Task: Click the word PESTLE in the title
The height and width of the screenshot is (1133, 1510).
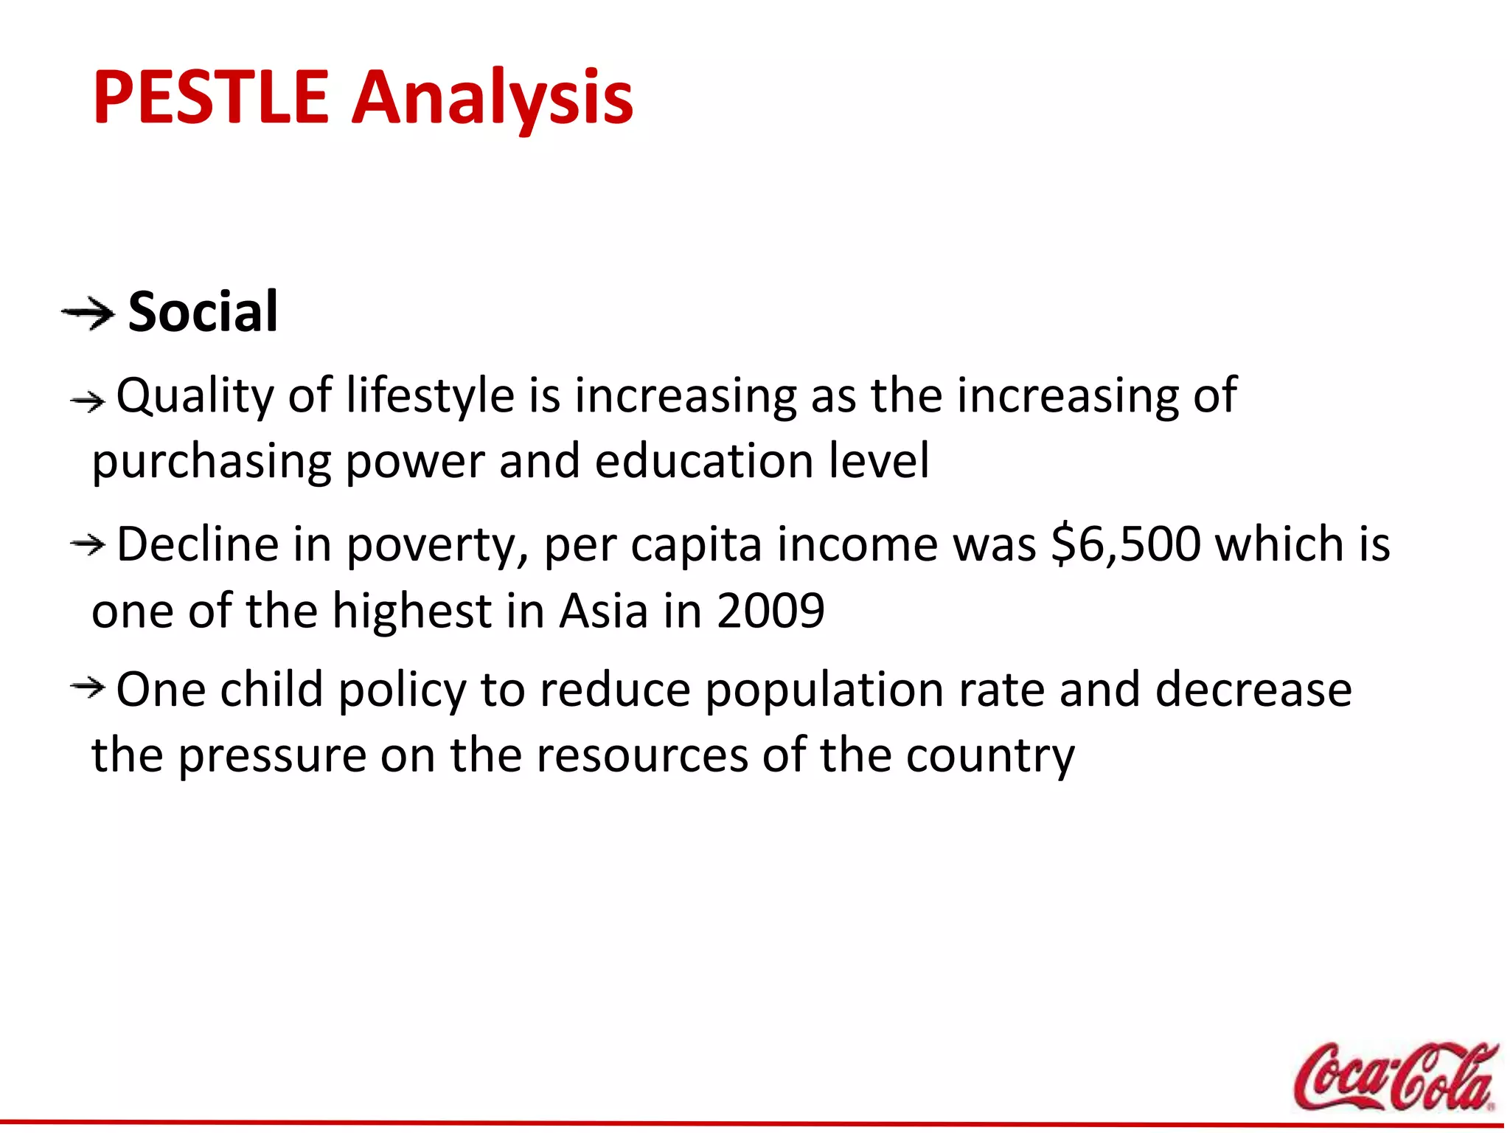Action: coord(210,97)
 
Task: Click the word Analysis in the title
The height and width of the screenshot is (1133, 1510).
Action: coord(492,97)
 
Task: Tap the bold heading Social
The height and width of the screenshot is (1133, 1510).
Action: coord(203,313)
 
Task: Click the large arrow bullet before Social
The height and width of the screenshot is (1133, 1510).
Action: coord(88,314)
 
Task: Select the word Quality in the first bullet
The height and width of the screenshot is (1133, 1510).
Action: coord(195,397)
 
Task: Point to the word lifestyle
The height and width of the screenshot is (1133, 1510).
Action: coord(430,395)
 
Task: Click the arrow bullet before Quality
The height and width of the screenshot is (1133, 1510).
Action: coord(88,401)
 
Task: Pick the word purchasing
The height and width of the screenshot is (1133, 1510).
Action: coord(211,462)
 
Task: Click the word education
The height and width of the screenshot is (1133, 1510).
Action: coord(703,461)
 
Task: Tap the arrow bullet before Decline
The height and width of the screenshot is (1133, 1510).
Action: coord(88,545)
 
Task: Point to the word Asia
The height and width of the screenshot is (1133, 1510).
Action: coord(603,611)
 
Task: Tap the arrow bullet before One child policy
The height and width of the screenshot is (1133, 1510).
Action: coord(88,688)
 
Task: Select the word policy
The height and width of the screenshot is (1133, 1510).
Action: coord(402,691)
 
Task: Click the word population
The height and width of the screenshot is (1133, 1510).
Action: coord(824,691)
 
